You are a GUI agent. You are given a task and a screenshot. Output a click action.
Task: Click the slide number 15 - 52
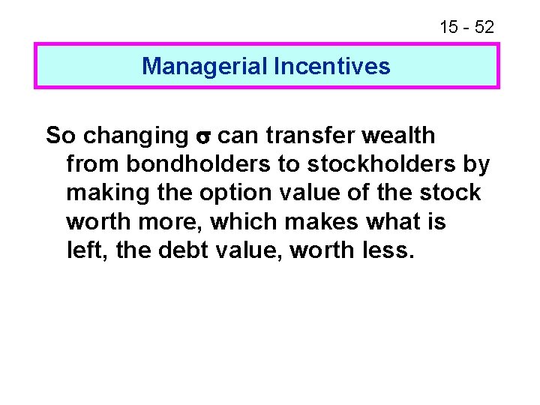(x=466, y=28)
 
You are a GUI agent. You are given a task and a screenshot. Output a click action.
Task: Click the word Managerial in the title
(x=205, y=67)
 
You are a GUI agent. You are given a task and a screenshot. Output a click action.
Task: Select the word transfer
(x=305, y=136)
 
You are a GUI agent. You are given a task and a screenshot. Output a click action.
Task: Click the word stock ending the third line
(x=450, y=193)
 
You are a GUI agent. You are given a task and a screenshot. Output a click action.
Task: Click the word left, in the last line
(x=85, y=250)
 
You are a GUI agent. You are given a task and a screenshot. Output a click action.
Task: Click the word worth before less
(x=320, y=250)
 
